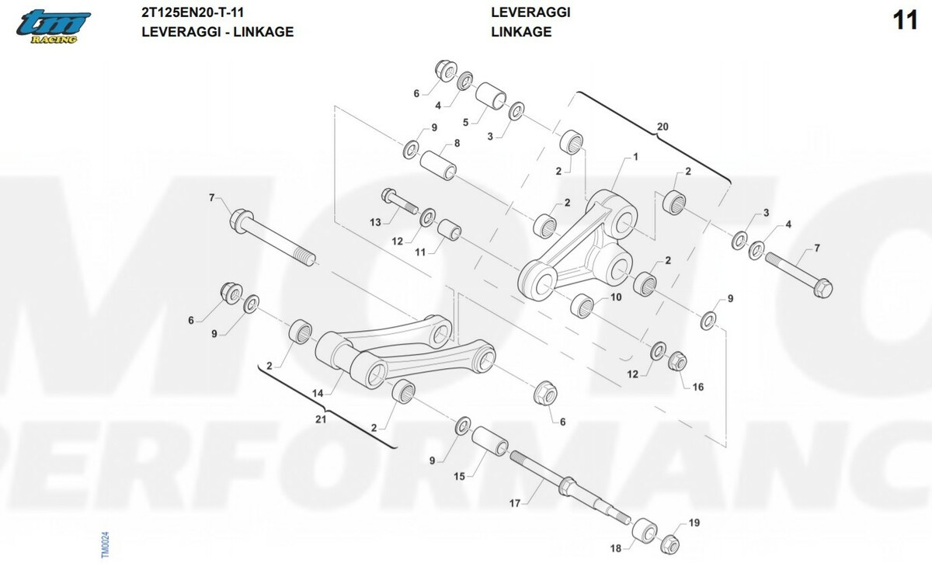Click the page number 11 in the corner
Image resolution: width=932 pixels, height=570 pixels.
pyautogui.click(x=906, y=21)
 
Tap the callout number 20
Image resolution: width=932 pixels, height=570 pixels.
pyautogui.click(x=662, y=126)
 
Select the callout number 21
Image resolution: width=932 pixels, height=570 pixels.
pyautogui.click(x=320, y=419)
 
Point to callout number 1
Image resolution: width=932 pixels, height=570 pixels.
pyautogui.click(x=635, y=157)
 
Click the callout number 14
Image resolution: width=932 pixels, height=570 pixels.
pyautogui.click(x=317, y=394)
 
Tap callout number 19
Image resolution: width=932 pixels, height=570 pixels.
pyautogui.click(x=694, y=523)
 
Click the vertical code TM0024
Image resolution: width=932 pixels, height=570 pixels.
pyautogui.click(x=106, y=544)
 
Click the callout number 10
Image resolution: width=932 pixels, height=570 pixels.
pyautogui.click(x=616, y=297)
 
